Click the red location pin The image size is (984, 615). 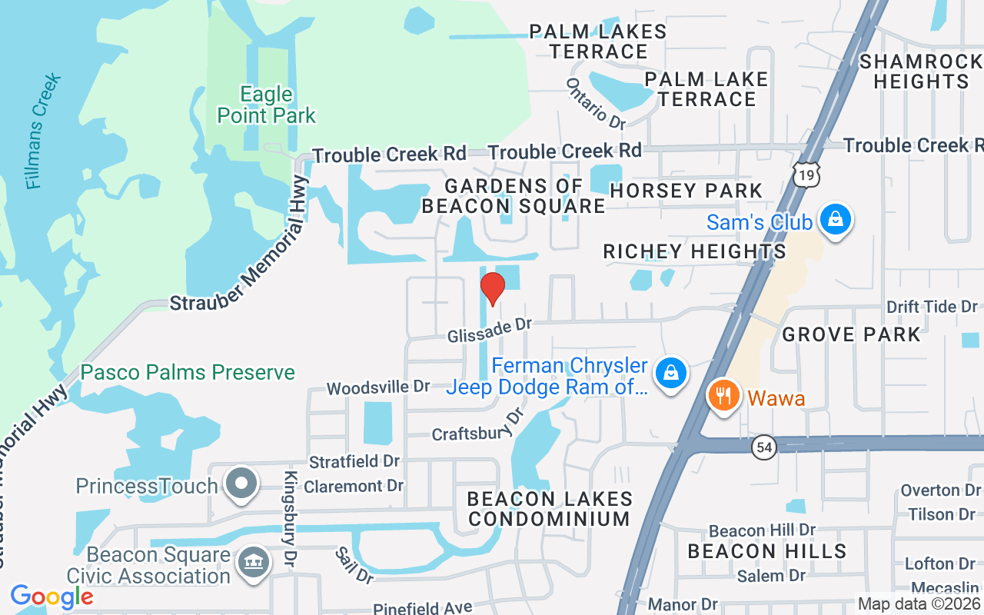pos(492,288)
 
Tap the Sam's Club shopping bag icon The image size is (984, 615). pos(833,221)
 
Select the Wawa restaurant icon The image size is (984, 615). pos(723,397)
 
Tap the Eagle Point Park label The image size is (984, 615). pos(266,105)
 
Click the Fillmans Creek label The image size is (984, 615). pos(43,131)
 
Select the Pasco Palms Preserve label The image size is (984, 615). pos(188,373)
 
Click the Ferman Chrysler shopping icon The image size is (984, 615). pos(670,374)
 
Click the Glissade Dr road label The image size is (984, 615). pos(490,331)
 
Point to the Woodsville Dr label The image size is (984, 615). pos(378,387)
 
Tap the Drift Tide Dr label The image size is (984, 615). pos(932,307)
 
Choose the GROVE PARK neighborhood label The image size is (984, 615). pos(851,334)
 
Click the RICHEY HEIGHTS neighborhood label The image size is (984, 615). pos(694,251)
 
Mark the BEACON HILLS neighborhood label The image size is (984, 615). pos(766,551)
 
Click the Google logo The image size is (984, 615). pos(52,596)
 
